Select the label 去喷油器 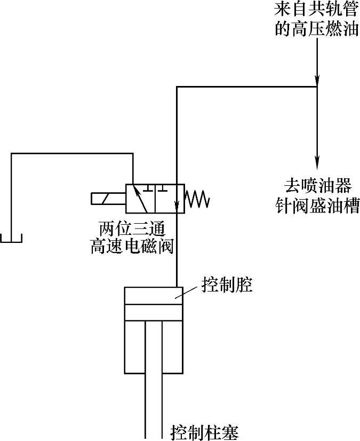tap(317, 187)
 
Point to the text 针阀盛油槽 tap(317, 205)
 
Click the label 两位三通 tap(129, 229)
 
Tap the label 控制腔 tap(227, 285)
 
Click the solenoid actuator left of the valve tap(107, 198)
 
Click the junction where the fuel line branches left tap(317, 86)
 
